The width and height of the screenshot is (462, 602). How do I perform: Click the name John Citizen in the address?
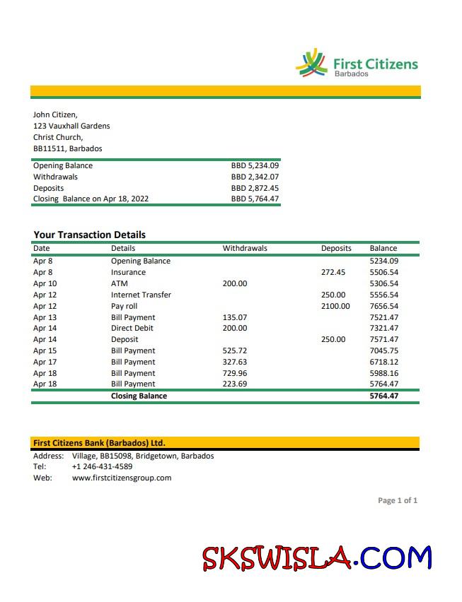55,114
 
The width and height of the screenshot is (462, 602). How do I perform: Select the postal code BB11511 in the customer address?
47,148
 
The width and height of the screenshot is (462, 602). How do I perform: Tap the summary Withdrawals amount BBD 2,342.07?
255,177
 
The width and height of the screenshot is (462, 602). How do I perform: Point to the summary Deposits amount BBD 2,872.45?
255,188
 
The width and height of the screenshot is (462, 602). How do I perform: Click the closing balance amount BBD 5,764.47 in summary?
255,199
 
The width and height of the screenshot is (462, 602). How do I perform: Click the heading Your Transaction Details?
89,235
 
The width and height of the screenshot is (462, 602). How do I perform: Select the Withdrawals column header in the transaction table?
245,248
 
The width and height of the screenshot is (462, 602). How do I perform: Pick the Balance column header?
383,248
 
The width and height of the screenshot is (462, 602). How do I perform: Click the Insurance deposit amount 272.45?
333,272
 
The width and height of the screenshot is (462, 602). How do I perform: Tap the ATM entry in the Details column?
119,283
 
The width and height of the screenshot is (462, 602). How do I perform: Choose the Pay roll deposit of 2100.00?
335,306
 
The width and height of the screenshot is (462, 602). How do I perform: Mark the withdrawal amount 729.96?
235,373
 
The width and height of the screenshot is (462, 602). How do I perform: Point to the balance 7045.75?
384,350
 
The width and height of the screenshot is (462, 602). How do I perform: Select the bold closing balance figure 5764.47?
384,396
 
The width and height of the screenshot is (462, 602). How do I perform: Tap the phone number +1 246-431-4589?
102,466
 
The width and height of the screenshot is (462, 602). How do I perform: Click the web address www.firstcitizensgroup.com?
122,478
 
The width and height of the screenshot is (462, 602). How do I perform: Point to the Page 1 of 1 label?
398,500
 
